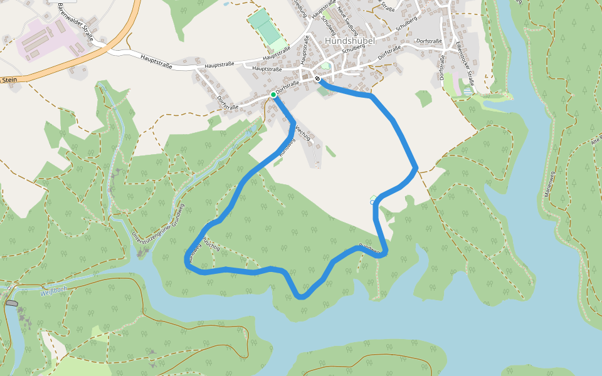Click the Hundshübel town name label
pyautogui.click(x=351, y=41)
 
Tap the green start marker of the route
pyautogui.click(x=274, y=95)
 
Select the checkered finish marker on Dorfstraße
pyautogui.click(x=318, y=79)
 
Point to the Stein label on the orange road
pyautogui.click(x=9, y=80)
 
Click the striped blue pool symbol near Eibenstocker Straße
pyautogui.click(x=467, y=91)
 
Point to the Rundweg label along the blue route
pyautogui.click(x=369, y=249)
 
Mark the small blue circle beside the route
pyautogui.click(x=372, y=202)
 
